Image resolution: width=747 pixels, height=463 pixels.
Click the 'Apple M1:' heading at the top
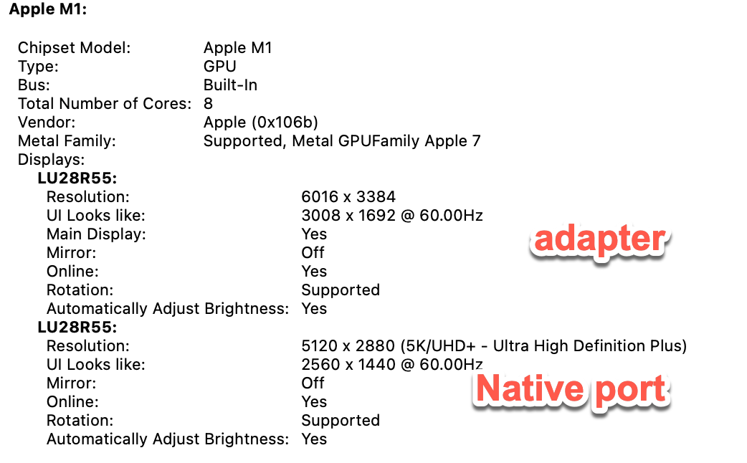pos(48,10)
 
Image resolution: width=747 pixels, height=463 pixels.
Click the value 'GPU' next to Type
pos(220,67)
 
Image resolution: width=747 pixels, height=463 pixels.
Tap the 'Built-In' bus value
pos(230,85)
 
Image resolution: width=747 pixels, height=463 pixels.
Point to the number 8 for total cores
pos(208,104)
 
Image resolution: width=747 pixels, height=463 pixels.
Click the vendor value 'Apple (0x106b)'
pos(261,123)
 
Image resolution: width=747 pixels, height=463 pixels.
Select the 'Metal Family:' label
pos(67,141)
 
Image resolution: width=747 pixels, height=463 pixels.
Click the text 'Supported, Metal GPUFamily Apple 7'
pos(342,141)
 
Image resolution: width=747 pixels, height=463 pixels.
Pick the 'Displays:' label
pos(52,160)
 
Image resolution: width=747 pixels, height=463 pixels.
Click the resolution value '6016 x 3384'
pos(348,196)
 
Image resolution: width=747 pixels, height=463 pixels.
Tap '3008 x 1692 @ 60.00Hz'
pos(392,215)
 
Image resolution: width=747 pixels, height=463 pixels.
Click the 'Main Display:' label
pos(96,234)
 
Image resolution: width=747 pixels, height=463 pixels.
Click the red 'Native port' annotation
pos(571,389)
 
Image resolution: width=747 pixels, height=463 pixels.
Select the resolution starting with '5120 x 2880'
pos(494,346)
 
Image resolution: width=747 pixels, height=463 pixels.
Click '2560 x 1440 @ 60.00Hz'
pos(392,365)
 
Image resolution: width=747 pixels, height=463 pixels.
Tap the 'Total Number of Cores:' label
pos(105,104)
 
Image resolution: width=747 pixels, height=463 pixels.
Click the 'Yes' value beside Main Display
pos(314,234)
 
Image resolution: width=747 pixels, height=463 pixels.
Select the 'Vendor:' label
pos(47,123)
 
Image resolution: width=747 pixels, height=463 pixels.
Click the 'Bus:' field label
pos(35,85)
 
